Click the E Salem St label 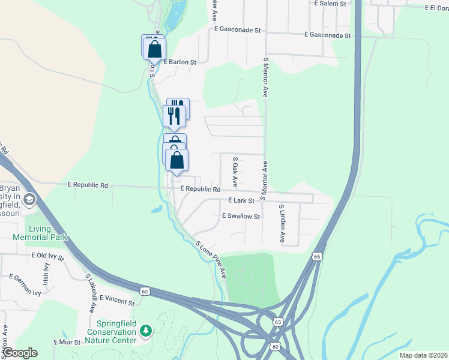[331, 4]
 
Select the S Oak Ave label [235, 172]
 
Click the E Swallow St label [241, 216]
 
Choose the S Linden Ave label [282, 223]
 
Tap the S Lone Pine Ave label [211, 260]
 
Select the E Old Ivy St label [48, 256]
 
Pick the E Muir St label [67, 342]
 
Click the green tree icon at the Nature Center [145, 331]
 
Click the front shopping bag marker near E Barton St [154, 49]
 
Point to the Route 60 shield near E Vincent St [144, 291]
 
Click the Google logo [19, 353]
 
